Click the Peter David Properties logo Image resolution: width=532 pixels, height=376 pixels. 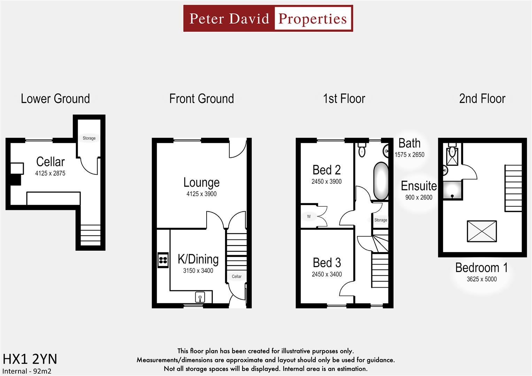point(268,18)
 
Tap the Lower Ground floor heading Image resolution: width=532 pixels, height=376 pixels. point(55,99)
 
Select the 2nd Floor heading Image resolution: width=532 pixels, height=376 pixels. point(482,99)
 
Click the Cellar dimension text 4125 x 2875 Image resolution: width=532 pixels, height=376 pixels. point(50,173)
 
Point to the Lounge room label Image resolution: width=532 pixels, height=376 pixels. point(201,182)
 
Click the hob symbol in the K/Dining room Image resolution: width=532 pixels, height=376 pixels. point(163,260)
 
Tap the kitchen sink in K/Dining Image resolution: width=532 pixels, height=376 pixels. point(200,297)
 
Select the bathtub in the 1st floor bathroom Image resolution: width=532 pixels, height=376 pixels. point(381,181)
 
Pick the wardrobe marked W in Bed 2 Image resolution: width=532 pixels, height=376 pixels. point(309,217)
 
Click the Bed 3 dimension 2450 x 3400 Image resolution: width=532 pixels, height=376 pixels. point(326,274)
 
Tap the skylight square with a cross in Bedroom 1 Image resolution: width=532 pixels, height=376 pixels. point(481,231)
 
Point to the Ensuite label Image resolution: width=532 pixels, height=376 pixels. point(418,186)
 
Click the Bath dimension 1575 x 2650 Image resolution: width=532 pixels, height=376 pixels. point(409,155)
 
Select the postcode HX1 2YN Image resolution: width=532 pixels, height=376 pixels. point(30,359)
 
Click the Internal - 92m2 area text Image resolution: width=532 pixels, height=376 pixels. point(27,371)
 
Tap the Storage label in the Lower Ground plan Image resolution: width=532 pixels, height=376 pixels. point(89,138)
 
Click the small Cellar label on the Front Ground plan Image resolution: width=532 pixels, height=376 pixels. point(237,276)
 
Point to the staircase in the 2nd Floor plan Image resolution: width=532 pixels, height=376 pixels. point(513,188)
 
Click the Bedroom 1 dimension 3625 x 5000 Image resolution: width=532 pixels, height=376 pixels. point(481,279)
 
